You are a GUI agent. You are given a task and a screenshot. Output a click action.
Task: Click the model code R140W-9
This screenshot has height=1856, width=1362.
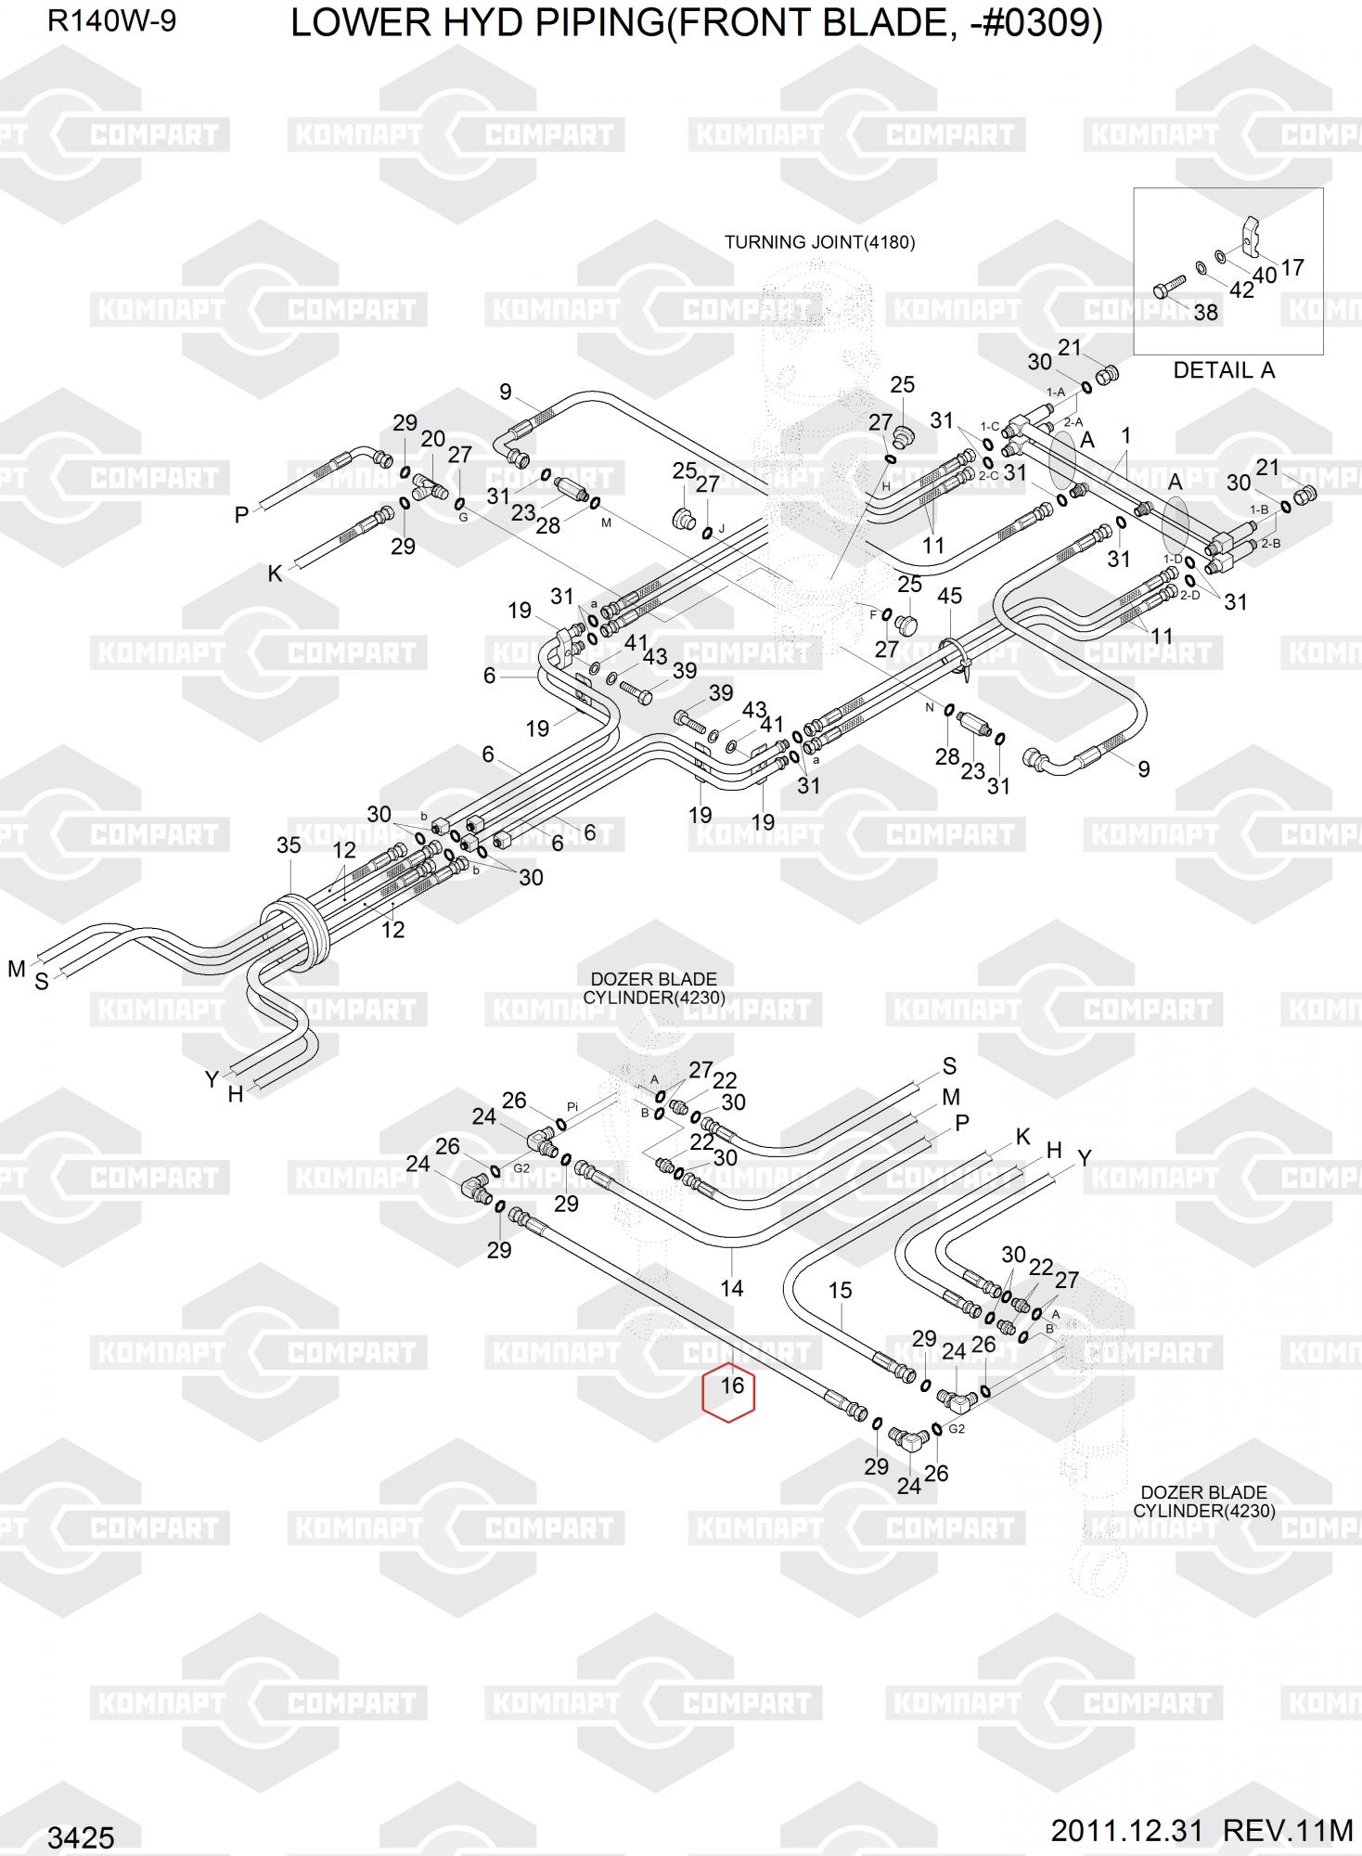pos(111,21)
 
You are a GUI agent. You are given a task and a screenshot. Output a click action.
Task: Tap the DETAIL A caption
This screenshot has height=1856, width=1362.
pos(1223,370)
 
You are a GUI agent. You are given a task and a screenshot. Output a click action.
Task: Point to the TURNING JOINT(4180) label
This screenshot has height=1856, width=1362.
pos(819,242)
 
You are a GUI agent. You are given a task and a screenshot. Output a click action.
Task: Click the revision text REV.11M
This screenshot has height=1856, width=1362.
pos(1289,1831)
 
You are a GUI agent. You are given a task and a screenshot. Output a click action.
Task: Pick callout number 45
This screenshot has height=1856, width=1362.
pos(949,596)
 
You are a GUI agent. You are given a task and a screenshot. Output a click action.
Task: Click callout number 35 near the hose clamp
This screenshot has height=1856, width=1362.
pos(289,845)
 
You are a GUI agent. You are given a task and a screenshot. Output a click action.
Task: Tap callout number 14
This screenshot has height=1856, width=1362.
pos(731,1288)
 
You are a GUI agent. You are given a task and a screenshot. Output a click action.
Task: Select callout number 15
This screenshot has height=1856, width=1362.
pos(840,1290)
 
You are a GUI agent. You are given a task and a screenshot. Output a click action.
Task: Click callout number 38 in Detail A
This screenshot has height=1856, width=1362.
pos(1205,312)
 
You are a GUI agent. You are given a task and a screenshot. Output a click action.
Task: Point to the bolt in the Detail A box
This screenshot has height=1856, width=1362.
pos(1166,288)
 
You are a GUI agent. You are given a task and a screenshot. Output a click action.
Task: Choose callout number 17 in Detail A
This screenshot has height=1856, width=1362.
pos(1291,267)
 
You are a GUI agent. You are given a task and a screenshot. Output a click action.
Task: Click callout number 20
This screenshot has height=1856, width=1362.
pos(432,439)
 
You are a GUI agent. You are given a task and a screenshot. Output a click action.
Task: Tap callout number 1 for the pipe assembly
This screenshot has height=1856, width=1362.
pos(1125,435)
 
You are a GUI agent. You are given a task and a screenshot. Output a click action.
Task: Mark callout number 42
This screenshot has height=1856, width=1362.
pos(1240,290)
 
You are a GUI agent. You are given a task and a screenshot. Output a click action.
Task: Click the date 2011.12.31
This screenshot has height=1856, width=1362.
pos(1126,1831)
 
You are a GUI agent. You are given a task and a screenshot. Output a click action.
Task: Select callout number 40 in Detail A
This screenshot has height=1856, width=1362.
pos(1265,276)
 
